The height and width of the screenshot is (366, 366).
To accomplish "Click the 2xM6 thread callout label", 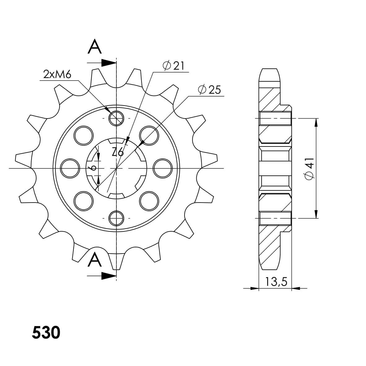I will click(58, 75).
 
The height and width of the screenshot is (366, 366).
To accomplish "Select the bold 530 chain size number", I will click(46, 333).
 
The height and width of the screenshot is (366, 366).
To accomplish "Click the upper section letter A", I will click(95, 47).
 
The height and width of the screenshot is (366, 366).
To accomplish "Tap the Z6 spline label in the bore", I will click(118, 152).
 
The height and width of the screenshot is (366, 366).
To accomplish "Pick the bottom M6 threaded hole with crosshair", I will click(116, 218).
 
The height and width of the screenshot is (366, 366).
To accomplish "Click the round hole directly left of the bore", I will click(70, 168).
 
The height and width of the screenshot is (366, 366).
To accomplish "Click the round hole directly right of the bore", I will click(163, 168).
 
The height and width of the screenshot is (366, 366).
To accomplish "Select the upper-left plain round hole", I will click(84, 135).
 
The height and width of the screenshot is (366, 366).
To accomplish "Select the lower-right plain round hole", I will click(149, 201).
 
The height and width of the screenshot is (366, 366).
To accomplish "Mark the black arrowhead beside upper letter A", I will click(109, 63).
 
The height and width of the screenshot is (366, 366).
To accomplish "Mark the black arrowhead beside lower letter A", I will click(109, 276).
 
